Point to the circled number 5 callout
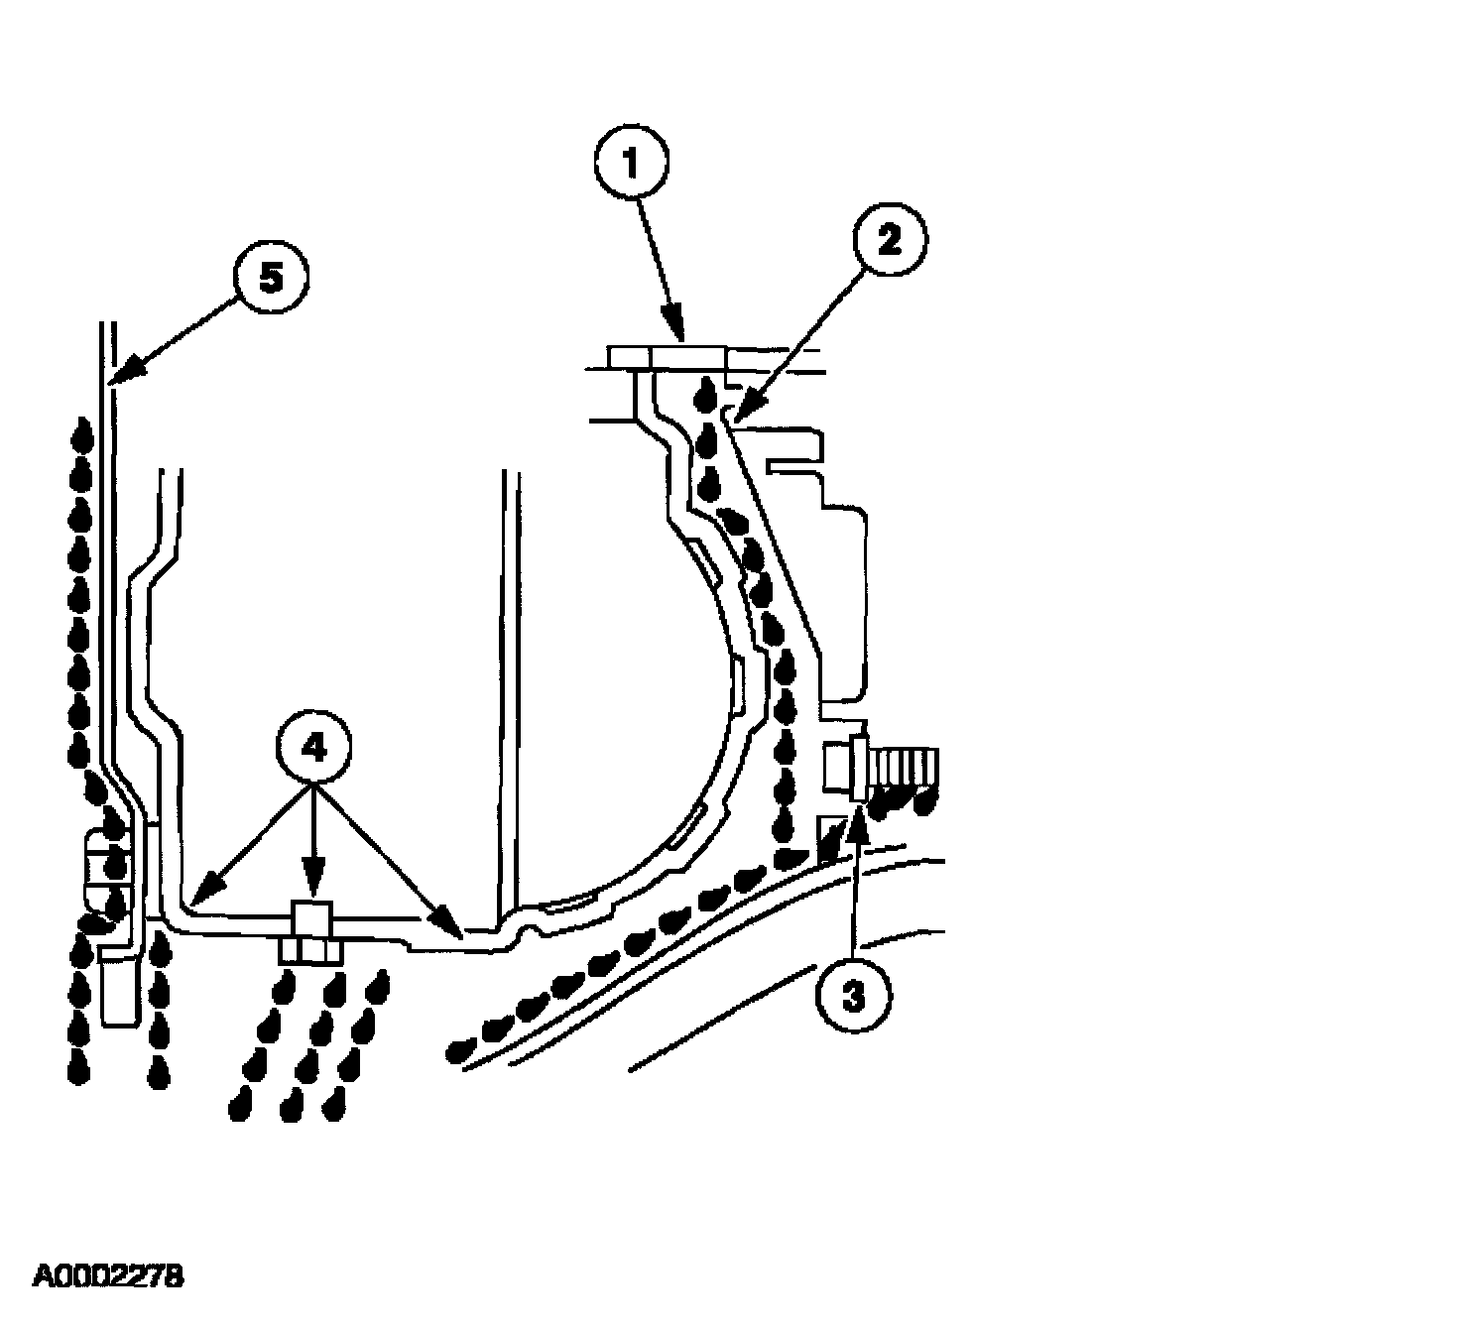271,281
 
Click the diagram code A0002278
108,1275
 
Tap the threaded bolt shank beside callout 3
905,769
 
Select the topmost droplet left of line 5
83,432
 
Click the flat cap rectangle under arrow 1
687,356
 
